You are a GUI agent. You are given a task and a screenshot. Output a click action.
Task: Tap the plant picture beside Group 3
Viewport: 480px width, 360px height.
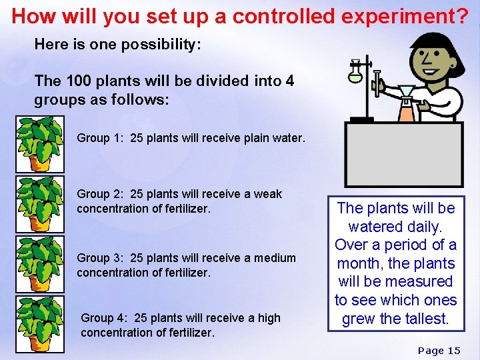point(41,264)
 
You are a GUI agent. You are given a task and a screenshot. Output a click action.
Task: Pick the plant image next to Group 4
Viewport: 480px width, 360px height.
point(41,324)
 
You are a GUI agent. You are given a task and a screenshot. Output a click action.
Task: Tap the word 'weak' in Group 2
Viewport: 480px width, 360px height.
point(268,194)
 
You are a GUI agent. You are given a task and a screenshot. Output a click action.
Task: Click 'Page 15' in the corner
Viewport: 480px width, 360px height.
point(439,350)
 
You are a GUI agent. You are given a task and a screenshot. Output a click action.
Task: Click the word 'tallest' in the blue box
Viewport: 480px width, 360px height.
point(423,319)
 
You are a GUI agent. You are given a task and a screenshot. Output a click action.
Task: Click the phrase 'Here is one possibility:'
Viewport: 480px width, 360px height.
point(118,45)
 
